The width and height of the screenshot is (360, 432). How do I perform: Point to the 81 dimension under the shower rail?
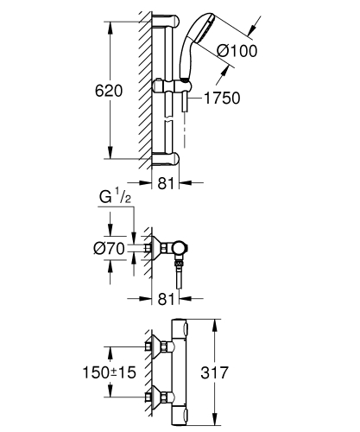[167, 182]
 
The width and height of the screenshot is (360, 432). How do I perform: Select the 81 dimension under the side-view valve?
[167, 301]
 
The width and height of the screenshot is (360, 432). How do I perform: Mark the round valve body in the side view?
[180, 250]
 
